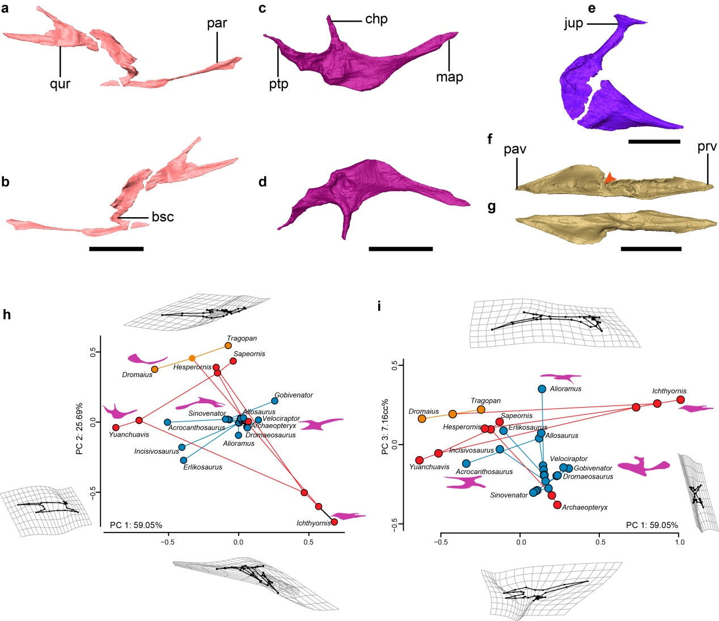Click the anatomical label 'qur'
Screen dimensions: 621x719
(x=60, y=84)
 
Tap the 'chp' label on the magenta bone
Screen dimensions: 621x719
(x=376, y=19)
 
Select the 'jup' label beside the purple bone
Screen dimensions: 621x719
(x=573, y=24)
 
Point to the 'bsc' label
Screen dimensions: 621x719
(x=162, y=217)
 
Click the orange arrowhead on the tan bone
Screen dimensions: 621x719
(x=609, y=178)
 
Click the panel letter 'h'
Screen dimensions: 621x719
(x=7, y=315)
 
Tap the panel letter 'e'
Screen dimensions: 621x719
(x=592, y=9)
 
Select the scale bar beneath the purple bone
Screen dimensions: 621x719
(x=654, y=141)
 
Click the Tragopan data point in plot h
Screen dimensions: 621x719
(x=229, y=345)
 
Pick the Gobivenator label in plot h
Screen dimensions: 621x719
(x=294, y=395)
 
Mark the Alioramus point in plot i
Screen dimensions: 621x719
(x=542, y=389)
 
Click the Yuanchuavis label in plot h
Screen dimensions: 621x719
(x=129, y=435)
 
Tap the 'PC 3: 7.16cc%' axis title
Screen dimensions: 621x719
(x=386, y=426)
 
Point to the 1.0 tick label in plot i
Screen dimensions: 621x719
(x=679, y=542)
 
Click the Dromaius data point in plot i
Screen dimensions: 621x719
(x=422, y=419)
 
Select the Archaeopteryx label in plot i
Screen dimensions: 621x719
(x=585, y=508)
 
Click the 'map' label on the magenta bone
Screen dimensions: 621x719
(x=449, y=77)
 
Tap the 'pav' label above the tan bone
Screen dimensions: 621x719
(x=515, y=149)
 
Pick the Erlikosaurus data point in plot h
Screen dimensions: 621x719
(x=183, y=460)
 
